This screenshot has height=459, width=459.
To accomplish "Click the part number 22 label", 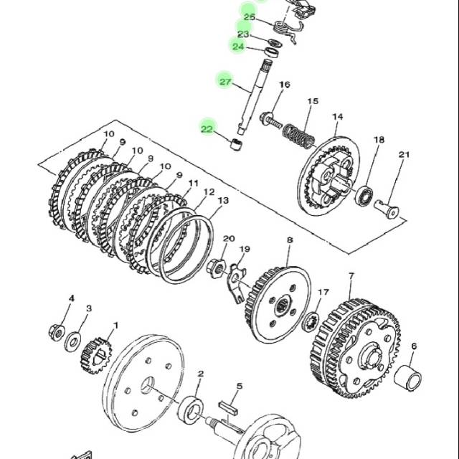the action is click(x=207, y=129).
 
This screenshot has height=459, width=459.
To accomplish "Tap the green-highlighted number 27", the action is click(x=225, y=81).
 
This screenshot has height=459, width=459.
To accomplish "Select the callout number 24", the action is click(x=238, y=46).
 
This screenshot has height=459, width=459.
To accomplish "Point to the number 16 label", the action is click(x=284, y=85).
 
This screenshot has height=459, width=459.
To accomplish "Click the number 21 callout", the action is click(x=404, y=154).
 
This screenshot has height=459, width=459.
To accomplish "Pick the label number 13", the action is click(x=223, y=201).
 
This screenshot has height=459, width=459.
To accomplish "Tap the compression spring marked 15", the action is click(x=298, y=136).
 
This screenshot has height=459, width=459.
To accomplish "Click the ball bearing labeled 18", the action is click(x=364, y=196).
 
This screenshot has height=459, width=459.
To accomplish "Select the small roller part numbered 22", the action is click(x=236, y=145).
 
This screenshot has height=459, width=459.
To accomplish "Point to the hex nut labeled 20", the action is click(x=217, y=268).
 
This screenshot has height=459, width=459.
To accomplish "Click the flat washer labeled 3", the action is click(x=73, y=341).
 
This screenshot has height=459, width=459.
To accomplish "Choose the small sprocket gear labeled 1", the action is click(x=96, y=356).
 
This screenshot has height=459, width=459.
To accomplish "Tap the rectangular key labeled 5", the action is click(x=228, y=407).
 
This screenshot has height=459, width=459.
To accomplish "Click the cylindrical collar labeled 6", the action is click(x=408, y=378).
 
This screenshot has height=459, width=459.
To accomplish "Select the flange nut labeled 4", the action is click(x=57, y=332).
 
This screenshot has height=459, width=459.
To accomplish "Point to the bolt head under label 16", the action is click(x=266, y=118).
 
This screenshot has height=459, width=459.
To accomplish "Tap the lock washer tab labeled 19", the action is click(x=236, y=283).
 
